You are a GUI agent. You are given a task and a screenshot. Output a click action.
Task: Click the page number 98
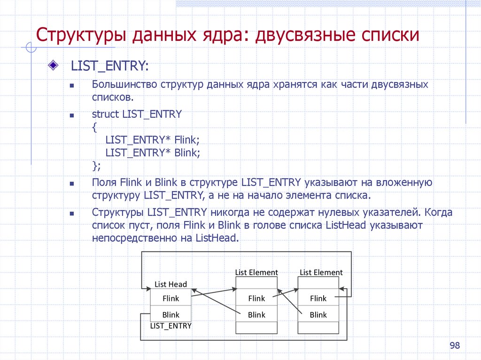pos(455,346)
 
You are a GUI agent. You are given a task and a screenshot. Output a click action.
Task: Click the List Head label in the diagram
pos(171,284)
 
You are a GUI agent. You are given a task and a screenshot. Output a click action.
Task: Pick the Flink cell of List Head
pos(171,298)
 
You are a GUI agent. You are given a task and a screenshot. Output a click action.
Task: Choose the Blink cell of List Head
pos(171,314)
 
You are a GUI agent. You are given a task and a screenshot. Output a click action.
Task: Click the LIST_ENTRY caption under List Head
pos(171,325)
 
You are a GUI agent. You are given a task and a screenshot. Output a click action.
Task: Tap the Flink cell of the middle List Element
pos(256,298)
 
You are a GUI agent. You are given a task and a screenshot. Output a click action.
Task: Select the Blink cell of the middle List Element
pos(256,314)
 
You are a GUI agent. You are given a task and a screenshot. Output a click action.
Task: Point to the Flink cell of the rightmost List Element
pos(318,298)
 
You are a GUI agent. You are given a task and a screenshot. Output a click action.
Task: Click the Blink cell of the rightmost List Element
pos(318,314)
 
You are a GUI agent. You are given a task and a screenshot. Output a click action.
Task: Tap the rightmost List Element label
pos(321,272)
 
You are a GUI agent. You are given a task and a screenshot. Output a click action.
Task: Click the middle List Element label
pos(256,272)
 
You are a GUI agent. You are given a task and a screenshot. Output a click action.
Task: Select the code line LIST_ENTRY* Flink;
pos(153,139)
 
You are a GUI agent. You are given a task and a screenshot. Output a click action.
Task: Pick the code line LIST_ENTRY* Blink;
pos(153,153)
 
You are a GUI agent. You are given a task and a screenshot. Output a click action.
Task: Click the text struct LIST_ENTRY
pos(137,114)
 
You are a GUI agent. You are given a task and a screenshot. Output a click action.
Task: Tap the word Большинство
pos(124,85)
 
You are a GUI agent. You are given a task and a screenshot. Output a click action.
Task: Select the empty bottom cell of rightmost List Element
pos(318,328)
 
